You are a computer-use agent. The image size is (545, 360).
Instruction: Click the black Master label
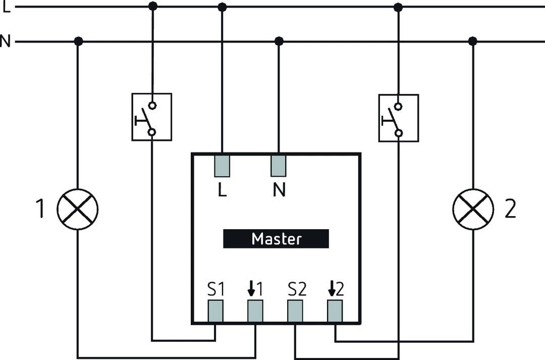[276, 239]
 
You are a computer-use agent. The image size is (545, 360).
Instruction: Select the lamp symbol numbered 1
[77, 210]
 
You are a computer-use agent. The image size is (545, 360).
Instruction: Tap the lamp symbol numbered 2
[473, 210]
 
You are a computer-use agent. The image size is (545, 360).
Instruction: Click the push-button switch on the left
[151, 117]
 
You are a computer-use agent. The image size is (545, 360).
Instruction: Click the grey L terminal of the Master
[222, 166]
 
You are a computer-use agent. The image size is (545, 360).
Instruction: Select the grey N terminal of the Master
[279, 166]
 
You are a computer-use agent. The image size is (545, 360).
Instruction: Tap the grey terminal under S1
[216, 311]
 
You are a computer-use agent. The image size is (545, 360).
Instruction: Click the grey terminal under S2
[295, 311]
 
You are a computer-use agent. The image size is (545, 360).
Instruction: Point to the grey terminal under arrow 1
[255, 311]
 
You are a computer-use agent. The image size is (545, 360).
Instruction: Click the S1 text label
[215, 290]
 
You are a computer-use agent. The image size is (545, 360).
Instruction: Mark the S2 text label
[297, 290]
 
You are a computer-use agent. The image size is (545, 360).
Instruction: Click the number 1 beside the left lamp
[40, 210]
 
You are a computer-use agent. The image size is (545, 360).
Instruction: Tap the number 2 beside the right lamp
[510, 210]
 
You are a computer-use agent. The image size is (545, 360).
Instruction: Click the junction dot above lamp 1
[78, 41]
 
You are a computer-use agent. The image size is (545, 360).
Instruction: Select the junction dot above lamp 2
[473, 41]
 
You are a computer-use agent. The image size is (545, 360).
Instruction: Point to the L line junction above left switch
[152, 6]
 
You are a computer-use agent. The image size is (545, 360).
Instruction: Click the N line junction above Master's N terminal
[279, 41]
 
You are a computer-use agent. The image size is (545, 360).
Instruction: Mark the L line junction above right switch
[398, 7]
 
